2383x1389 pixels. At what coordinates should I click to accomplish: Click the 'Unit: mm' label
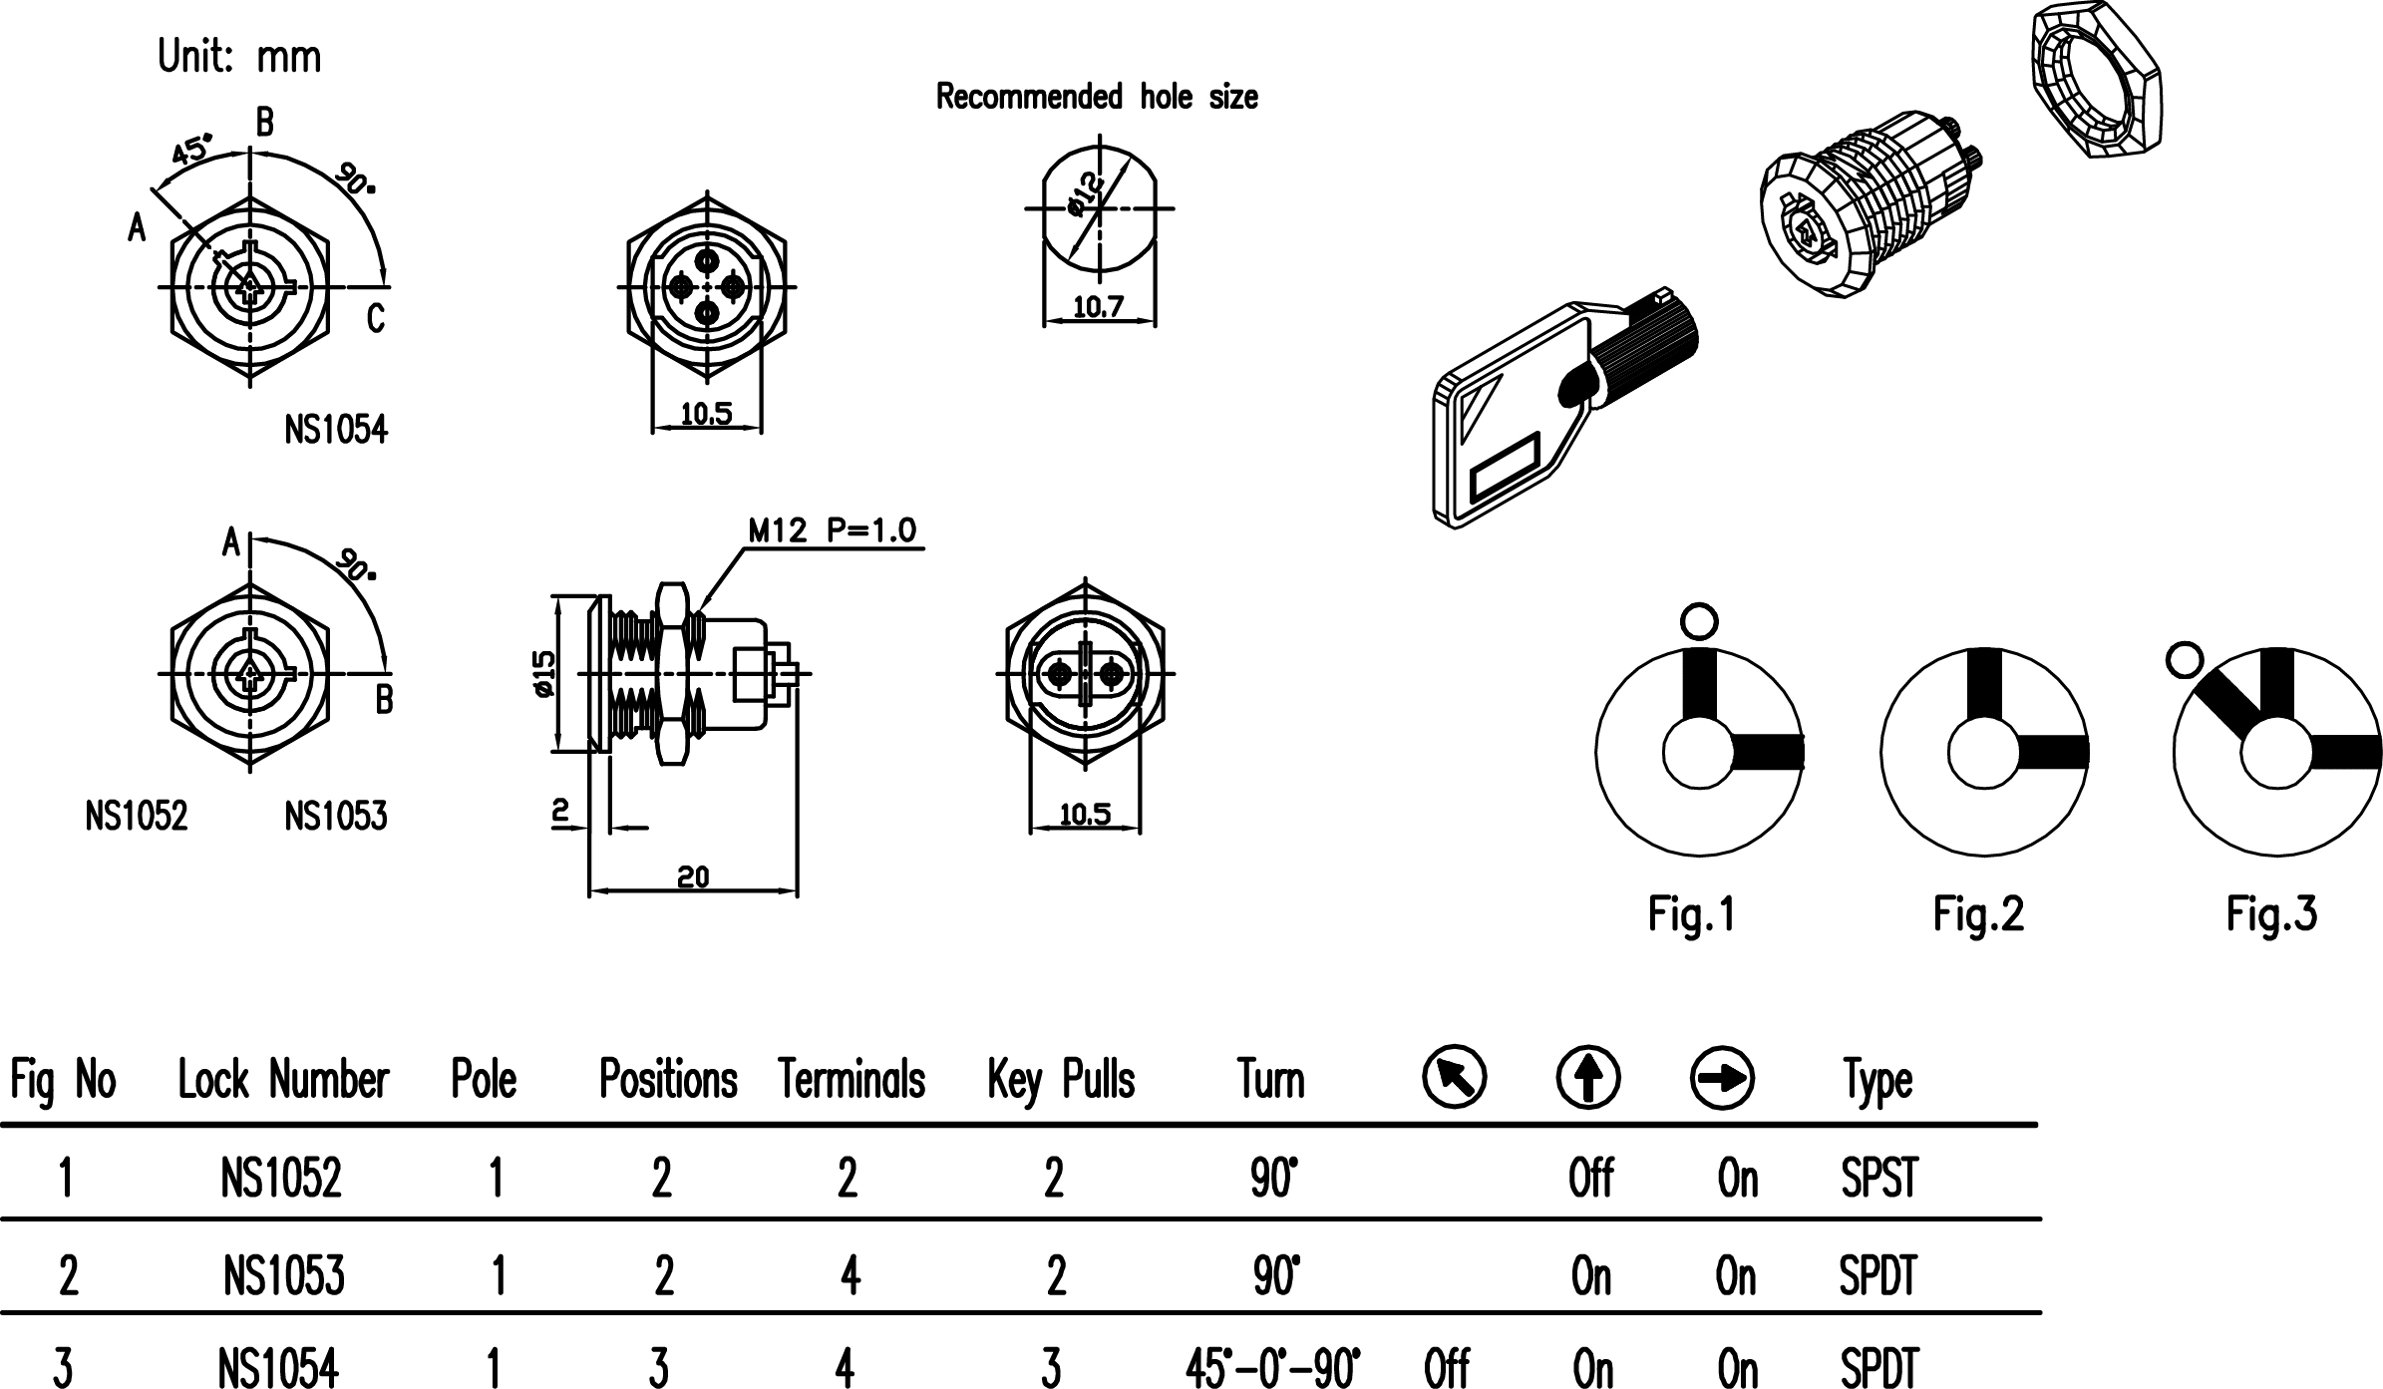click(x=239, y=57)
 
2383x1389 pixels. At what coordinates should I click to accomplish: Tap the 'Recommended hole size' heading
click(x=1096, y=97)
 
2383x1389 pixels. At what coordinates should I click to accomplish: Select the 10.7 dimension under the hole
click(x=1098, y=307)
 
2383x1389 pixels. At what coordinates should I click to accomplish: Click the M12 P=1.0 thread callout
click(x=832, y=531)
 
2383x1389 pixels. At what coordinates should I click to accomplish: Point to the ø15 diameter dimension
click(x=543, y=674)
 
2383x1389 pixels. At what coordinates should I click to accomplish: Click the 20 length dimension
click(x=693, y=877)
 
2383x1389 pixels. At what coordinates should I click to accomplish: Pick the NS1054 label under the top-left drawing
click(x=335, y=430)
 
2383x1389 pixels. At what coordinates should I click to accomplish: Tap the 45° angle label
click(x=190, y=151)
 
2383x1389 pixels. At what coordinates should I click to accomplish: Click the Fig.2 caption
click(x=1978, y=913)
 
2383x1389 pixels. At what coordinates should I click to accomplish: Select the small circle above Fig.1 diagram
click(x=1699, y=621)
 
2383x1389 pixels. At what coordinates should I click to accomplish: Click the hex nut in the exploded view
click(x=2095, y=80)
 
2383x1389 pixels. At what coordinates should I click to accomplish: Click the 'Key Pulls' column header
click(x=1061, y=1080)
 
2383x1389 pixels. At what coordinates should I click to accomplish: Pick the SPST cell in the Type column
click(x=1878, y=1179)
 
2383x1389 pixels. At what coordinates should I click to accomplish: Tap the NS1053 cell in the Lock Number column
click(x=283, y=1275)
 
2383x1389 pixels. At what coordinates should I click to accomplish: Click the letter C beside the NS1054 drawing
click(x=375, y=318)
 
